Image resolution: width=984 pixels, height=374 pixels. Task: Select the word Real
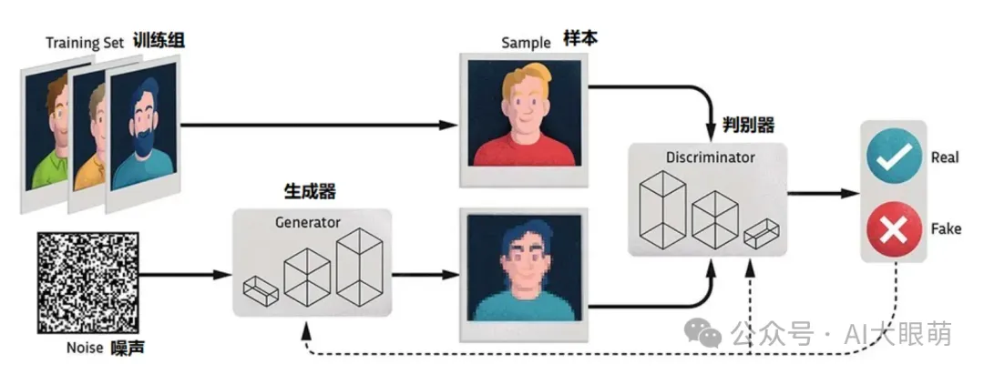945,157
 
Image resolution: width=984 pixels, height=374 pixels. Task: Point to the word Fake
945,230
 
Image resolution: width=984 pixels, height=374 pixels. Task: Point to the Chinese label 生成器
310,191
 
